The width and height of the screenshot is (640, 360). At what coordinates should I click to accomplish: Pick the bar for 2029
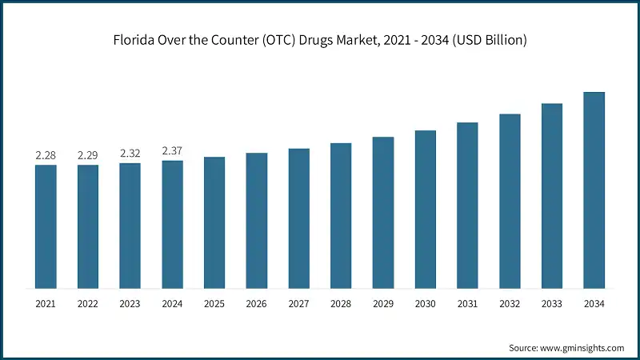point(383,212)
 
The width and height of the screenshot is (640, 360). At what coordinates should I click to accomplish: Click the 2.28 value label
point(46,154)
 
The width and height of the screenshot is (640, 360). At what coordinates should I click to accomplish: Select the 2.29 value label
point(88,154)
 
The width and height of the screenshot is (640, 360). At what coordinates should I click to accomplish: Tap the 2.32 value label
point(130,153)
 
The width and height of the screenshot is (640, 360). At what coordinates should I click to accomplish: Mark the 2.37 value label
point(172,150)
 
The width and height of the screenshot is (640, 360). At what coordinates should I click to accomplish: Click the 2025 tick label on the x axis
point(214,304)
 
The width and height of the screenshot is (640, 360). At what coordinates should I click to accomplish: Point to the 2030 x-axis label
point(425,304)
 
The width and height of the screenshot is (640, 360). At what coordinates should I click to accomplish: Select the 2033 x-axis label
point(551,304)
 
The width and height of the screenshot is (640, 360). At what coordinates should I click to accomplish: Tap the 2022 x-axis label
point(88,304)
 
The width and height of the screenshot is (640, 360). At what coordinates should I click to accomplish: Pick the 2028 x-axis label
point(341,304)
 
